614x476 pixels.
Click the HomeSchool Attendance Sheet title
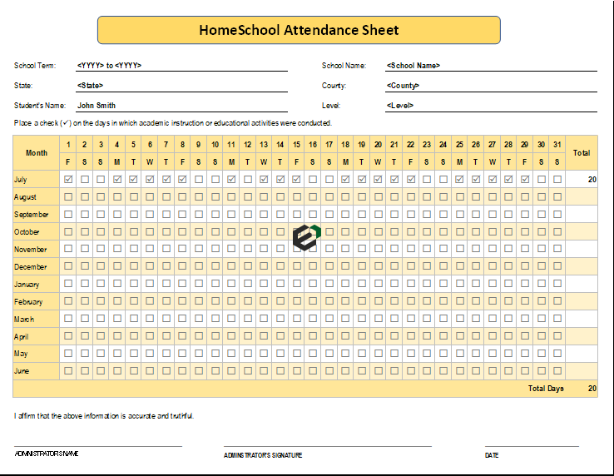tap(299, 30)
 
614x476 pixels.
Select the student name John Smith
tap(97, 106)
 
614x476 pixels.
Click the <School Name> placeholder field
tap(413, 65)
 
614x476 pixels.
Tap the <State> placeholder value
tap(90, 85)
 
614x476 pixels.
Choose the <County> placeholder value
tap(404, 85)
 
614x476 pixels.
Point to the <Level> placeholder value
tap(400, 106)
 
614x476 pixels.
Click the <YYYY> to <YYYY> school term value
tap(109, 65)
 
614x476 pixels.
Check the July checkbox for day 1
tap(68, 179)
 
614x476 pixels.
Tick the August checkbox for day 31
tap(557, 196)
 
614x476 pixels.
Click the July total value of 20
tap(592, 179)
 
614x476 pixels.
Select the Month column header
tap(37, 153)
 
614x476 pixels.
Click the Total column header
tap(582, 153)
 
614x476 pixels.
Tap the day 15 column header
tap(296, 144)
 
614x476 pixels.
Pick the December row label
tap(31, 267)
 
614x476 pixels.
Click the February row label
tap(28, 302)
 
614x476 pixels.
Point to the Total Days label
tap(546, 389)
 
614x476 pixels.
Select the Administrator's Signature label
tap(263, 455)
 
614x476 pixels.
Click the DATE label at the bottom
tap(492, 455)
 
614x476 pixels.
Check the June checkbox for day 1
tap(68, 370)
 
